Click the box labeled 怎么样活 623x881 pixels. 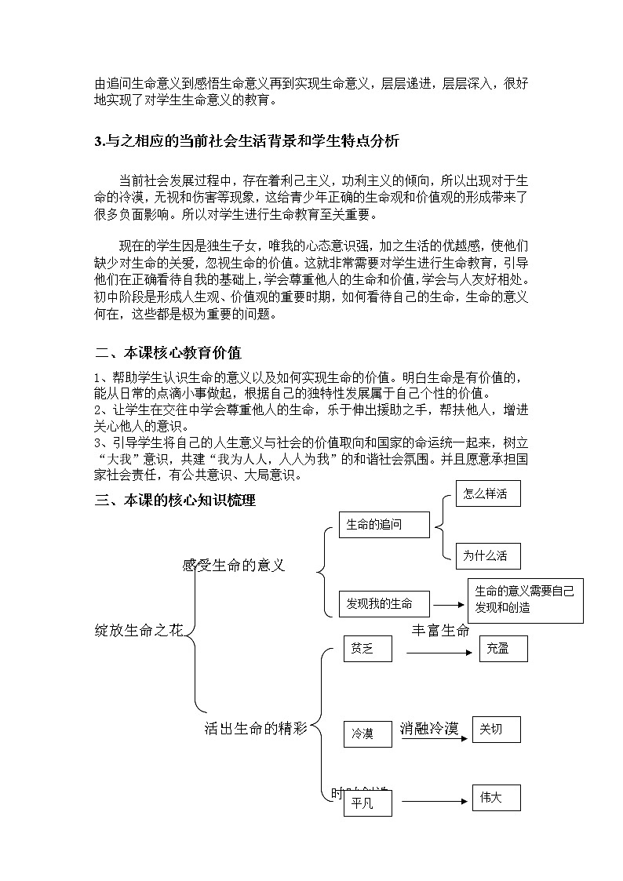tap(488, 494)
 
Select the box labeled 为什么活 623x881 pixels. tap(488, 556)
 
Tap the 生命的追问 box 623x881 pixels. tap(384, 525)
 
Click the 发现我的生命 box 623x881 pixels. tap(384, 603)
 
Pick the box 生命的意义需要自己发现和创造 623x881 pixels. tap(525, 600)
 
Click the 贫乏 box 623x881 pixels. tap(367, 649)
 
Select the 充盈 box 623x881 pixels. tap(503, 649)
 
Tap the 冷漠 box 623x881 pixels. tap(367, 734)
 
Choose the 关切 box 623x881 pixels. tap(495, 730)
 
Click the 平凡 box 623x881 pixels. tap(367, 804)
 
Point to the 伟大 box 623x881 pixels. tap(495, 798)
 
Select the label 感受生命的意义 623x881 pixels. tap(233, 565)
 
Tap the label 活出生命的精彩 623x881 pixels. tap(255, 729)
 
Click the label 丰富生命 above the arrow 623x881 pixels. tap(440, 630)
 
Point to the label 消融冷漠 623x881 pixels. tap(428, 728)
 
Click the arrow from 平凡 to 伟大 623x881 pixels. tap(431, 802)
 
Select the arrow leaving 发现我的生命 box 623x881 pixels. tap(449, 604)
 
